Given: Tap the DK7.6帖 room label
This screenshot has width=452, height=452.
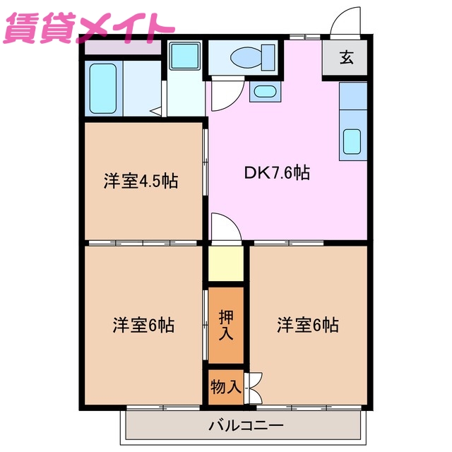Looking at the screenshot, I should tap(277, 172).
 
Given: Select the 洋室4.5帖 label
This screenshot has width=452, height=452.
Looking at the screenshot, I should tap(141, 181).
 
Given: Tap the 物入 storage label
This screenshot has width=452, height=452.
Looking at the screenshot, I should tap(225, 387).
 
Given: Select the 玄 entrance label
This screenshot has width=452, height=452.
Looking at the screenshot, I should tap(346, 58).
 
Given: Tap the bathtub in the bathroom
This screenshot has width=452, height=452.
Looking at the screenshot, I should tap(103, 88).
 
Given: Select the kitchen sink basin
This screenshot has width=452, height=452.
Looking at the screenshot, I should tap(352, 141).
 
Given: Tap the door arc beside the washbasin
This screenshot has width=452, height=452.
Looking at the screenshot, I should tap(225, 94).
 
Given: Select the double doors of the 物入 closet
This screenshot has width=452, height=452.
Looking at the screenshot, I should tap(254, 387).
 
